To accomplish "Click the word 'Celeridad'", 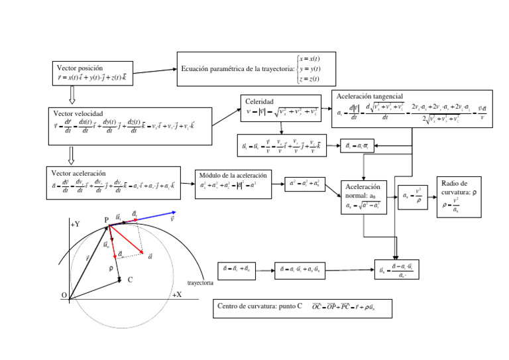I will (x=260, y=101).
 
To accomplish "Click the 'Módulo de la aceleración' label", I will (x=233, y=175).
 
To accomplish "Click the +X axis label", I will (x=177, y=294).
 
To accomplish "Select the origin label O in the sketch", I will (x=64, y=295).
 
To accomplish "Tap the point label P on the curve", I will (x=106, y=219).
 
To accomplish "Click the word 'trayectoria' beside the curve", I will (x=200, y=282).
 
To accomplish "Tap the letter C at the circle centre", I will (x=130, y=280).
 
